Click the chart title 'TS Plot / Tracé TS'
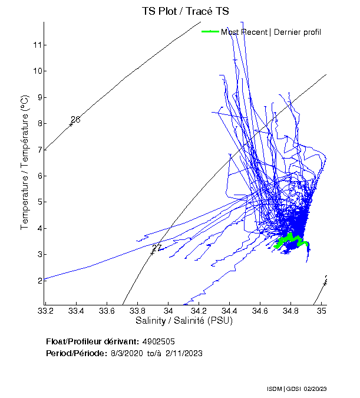coord(186,11)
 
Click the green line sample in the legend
coord(210,32)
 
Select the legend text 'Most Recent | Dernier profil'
coord(271,32)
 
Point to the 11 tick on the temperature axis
coord(37,45)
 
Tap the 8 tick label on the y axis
coord(37,123)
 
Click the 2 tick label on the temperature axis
coord(37,281)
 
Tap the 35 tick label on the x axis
coord(322,311)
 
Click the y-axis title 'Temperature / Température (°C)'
coord(24,163)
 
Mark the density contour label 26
coord(75,120)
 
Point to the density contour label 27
coord(157,248)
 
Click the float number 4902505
coord(159,341)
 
